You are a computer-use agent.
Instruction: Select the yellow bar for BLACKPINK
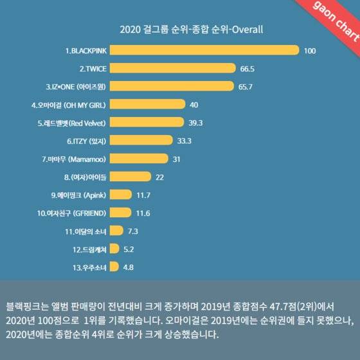click(x=205, y=50)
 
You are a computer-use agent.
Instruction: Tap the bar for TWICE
click(x=174, y=68)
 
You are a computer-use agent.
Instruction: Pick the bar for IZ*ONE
click(x=173, y=86)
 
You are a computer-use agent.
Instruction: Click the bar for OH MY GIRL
click(x=148, y=104)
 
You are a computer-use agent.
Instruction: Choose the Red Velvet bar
click(x=148, y=122)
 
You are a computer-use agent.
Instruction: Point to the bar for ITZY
click(x=142, y=140)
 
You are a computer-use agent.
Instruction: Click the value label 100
click(x=310, y=50)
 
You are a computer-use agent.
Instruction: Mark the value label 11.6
click(x=144, y=212)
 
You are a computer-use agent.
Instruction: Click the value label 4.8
click(x=129, y=266)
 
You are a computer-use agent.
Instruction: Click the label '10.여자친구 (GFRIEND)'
click(x=73, y=212)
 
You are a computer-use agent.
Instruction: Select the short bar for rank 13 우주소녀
click(x=114, y=266)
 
